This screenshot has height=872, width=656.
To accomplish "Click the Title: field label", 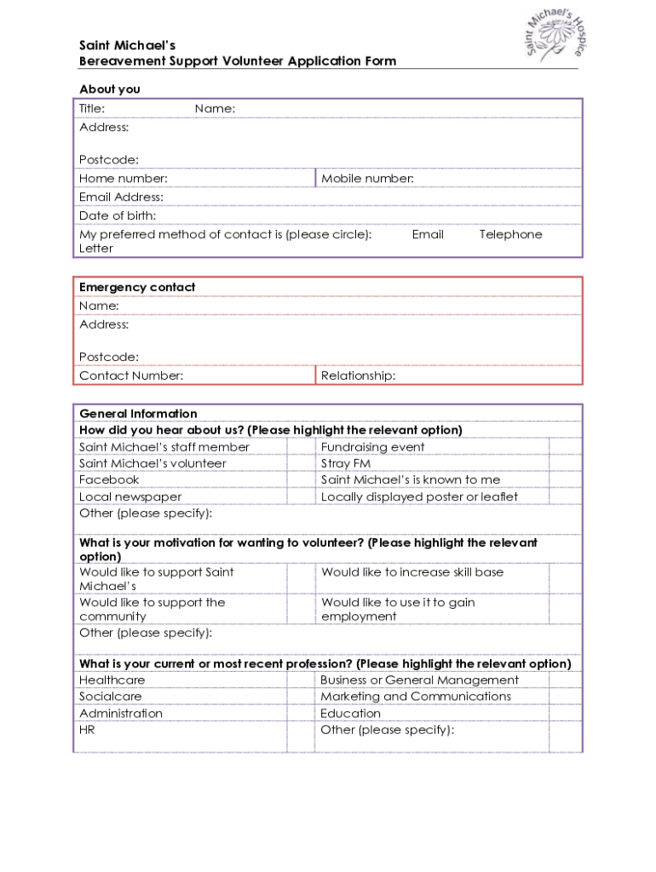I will click(92, 108).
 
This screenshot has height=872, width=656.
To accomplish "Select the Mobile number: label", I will click(367, 179).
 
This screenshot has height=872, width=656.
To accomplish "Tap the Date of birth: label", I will click(118, 216).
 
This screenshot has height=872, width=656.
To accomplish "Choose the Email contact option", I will click(428, 235).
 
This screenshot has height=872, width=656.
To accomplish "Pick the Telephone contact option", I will click(510, 235).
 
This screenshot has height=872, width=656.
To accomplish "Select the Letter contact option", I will click(96, 249).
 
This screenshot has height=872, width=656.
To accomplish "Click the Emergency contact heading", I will click(137, 288).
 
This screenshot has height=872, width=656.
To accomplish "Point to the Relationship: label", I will click(358, 376).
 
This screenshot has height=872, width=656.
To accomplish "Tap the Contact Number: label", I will click(131, 376).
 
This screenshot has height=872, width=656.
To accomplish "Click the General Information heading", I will click(138, 414).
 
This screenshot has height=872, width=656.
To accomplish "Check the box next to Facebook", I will click(300, 480).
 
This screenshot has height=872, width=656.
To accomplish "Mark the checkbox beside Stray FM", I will click(565, 464).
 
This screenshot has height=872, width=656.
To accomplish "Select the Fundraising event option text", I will click(372, 447).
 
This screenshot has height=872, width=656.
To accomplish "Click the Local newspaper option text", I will click(130, 497).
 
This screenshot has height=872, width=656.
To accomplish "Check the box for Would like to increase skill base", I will click(565, 578).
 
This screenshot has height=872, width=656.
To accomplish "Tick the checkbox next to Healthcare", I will click(300, 680).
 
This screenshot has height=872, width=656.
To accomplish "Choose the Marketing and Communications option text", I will click(416, 697).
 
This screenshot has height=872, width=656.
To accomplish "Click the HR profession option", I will click(87, 731).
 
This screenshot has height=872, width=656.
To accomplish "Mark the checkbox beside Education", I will click(565, 714).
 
